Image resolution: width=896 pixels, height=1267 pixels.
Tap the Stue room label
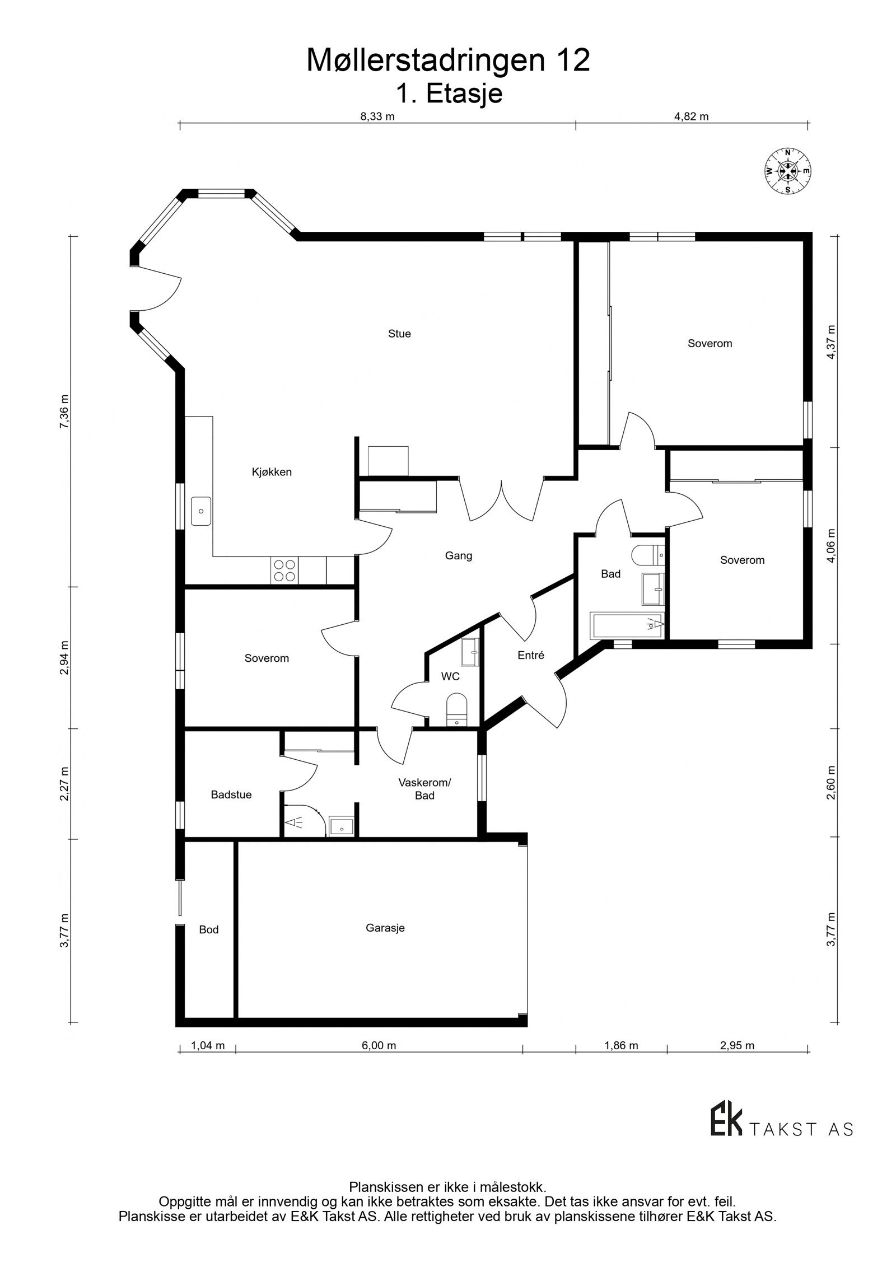pos(399,334)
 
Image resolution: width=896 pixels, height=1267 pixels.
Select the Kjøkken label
pos(272,472)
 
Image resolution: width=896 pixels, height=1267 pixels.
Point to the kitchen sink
pos(201,511)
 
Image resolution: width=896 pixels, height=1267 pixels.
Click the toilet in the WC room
pos(457,709)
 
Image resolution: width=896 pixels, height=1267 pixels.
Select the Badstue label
pos(231,794)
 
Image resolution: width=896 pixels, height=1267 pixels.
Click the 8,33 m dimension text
pos(377,116)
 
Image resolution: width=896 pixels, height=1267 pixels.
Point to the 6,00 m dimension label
pos(379,1045)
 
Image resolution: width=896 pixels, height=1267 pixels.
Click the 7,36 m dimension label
pos(64,412)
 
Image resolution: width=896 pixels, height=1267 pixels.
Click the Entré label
pos(531,655)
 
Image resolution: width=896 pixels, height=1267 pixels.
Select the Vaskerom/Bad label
pos(424,789)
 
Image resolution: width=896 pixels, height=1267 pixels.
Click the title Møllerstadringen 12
pos(448,60)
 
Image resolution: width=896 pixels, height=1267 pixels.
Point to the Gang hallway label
pos(459,556)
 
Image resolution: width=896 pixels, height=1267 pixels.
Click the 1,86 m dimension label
pos(621,1045)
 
